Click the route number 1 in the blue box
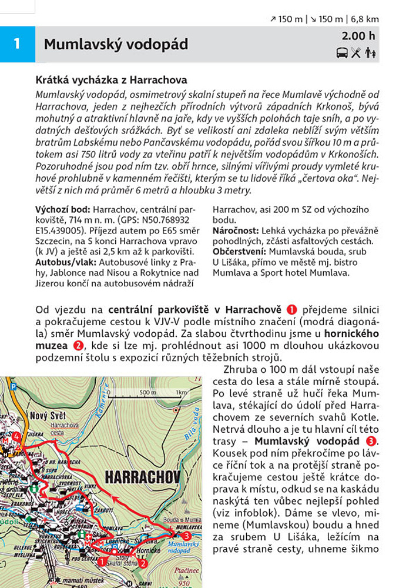tap(17, 44)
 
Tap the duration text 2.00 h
tap(358, 36)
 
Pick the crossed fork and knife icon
tap(355, 54)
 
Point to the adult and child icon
tap(370, 54)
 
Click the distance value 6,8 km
tap(365, 19)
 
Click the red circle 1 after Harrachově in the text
tap(293, 309)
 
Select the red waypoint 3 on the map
tap(187, 536)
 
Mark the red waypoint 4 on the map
tap(16, 436)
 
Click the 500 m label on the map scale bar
tap(147, 392)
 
